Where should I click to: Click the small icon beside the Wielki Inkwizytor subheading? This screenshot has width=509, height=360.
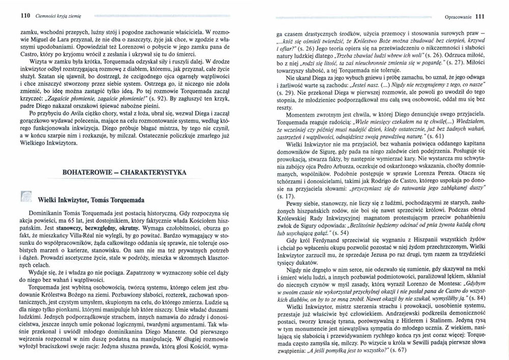[x=23, y=197]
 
